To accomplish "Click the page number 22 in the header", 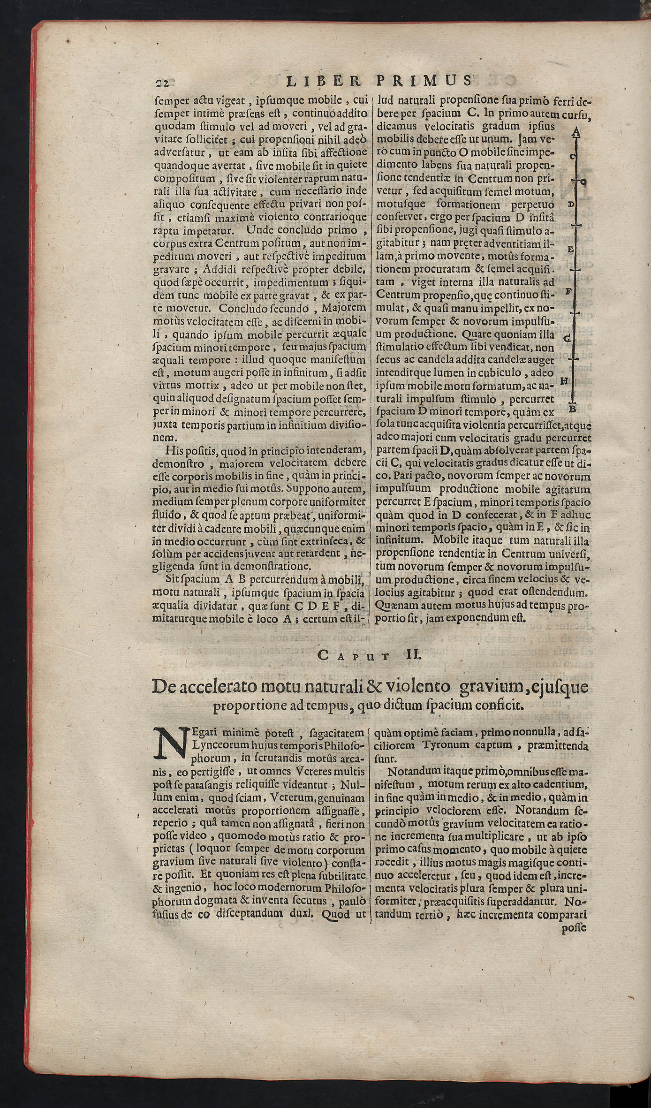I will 162,83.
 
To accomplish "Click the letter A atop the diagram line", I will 576,133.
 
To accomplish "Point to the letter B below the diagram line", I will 572,409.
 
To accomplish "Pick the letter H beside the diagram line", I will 564,381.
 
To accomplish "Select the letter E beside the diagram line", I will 570,249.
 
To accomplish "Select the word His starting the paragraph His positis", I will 174,451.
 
